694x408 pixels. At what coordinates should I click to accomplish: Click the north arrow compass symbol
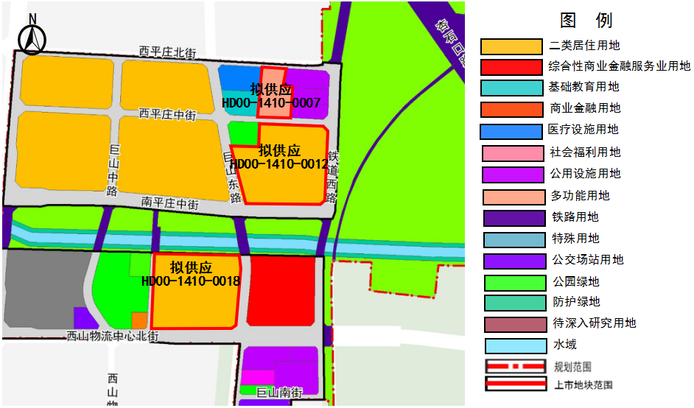[32, 38]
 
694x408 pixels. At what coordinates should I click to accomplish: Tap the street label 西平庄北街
[168, 52]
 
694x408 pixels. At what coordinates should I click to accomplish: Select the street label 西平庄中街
[167, 114]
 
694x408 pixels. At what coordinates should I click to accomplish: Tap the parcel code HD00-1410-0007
[271, 103]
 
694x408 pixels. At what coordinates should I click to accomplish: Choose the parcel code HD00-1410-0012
[279, 164]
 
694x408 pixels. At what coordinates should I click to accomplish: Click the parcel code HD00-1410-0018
[191, 281]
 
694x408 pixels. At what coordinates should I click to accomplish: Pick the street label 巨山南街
[279, 393]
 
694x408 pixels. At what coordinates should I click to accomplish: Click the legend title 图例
[586, 21]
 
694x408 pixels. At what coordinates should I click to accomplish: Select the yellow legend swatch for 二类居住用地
[511, 46]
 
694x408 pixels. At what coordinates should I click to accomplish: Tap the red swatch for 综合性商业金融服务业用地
[511, 67]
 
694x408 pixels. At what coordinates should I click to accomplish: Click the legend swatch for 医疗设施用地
[511, 131]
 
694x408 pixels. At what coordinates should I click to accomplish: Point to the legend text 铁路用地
[575, 217]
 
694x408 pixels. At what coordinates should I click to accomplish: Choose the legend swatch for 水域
[511, 345]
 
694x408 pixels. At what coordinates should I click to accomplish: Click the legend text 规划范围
[572, 366]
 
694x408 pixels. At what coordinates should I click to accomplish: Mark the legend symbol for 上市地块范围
[511, 384]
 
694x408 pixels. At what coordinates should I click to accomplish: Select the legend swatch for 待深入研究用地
[511, 323]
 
